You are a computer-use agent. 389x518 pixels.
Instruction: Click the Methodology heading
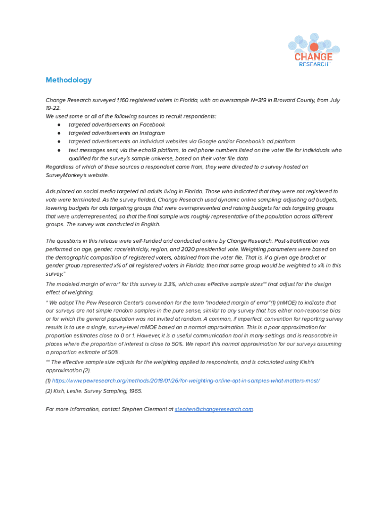pyautogui.click(x=69, y=80)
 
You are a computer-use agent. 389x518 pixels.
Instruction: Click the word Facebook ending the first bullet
pyautogui.click(x=152, y=124)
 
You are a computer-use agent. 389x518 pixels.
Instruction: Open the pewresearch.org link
pyautogui.click(x=186, y=380)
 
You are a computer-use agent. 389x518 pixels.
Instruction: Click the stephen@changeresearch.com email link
pyautogui.click(x=214, y=409)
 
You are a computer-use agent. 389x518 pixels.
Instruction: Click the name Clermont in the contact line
pyautogui.click(x=155, y=409)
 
